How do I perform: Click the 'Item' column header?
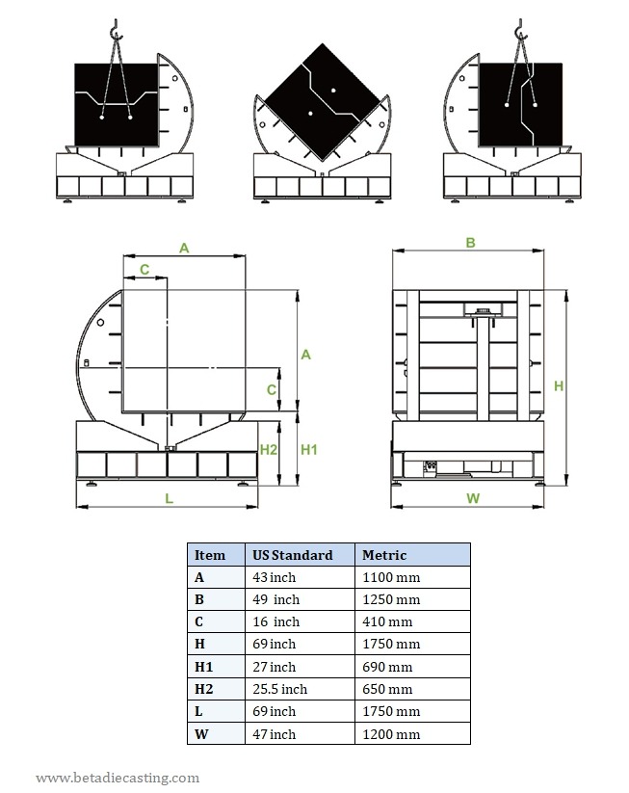pyautogui.click(x=210, y=555)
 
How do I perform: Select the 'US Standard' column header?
pyautogui.click(x=292, y=555)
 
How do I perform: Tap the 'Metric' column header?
pyautogui.click(x=383, y=555)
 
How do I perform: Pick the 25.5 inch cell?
pyautogui.click(x=279, y=689)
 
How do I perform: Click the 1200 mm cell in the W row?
pyautogui.click(x=390, y=734)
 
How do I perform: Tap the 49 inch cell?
pyautogui.click(x=275, y=599)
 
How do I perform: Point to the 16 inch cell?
pyautogui.click(x=275, y=622)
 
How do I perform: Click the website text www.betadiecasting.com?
pyautogui.click(x=118, y=778)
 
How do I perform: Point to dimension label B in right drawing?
pyautogui.click(x=470, y=243)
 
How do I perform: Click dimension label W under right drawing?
pyautogui.click(x=472, y=498)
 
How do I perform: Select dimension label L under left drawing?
pyautogui.click(x=169, y=498)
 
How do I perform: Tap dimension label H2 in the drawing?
pyautogui.click(x=269, y=450)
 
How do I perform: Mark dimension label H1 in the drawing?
pyautogui.click(x=309, y=450)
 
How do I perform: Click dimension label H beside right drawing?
pyautogui.click(x=558, y=385)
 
